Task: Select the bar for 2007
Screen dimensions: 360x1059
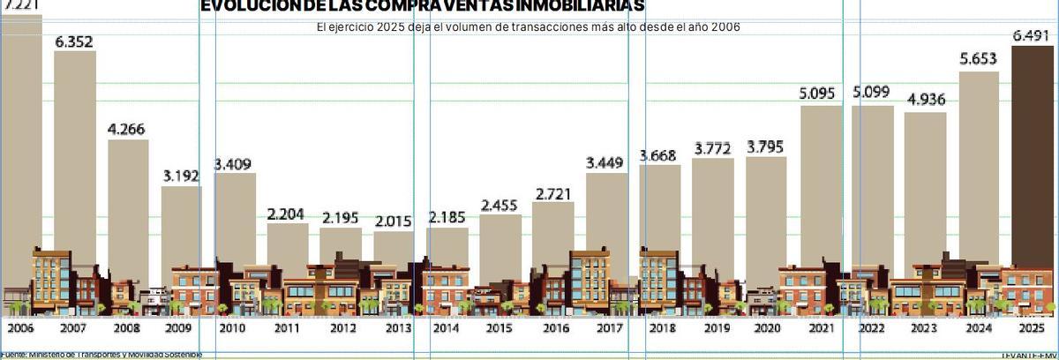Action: [x=75, y=150]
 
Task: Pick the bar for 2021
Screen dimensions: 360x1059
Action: [x=821, y=185]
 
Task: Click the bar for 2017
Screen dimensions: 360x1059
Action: [x=607, y=216]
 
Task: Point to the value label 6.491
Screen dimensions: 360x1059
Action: [x=1032, y=36]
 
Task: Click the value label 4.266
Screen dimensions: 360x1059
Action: [x=128, y=129]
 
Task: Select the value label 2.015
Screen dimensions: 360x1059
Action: [x=394, y=221]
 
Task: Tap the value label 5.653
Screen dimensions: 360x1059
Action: [x=979, y=60]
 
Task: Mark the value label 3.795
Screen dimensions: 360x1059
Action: [x=766, y=146]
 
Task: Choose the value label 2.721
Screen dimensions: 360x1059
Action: [x=553, y=192]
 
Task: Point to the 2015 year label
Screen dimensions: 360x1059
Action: [x=499, y=328]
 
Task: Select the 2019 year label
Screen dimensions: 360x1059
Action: [x=713, y=328]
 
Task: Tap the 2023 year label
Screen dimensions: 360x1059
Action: [x=924, y=328]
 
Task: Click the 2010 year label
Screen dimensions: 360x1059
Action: [x=232, y=328]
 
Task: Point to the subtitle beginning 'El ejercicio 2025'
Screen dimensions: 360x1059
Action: [x=528, y=27]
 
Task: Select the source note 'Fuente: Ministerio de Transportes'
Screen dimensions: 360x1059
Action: [x=101, y=355]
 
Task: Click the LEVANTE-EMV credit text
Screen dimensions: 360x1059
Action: [x=1029, y=355]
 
